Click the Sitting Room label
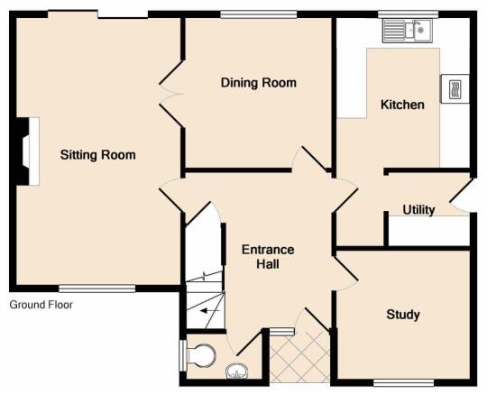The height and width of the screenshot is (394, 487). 97,154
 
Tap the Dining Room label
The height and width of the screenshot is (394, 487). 259,83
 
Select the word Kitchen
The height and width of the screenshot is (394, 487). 402,105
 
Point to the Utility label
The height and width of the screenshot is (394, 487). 418,210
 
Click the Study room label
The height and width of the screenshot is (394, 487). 403,315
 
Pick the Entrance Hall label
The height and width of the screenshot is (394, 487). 268,257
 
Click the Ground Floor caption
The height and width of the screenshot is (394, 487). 41,305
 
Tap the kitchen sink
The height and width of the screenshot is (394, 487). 408,31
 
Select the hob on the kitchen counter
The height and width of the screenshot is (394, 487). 455,88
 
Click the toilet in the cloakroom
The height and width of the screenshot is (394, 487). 200,355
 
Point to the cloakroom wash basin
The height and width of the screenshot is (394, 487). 237,371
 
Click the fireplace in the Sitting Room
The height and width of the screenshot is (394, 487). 27,151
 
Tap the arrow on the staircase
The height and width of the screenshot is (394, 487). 209,310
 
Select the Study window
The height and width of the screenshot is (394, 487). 403,382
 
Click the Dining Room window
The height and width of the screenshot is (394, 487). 259,14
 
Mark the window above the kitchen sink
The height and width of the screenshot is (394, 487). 409,14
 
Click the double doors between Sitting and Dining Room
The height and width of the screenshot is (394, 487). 171,94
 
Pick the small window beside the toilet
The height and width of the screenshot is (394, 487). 183,355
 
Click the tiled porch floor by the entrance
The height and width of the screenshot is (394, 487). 299,356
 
